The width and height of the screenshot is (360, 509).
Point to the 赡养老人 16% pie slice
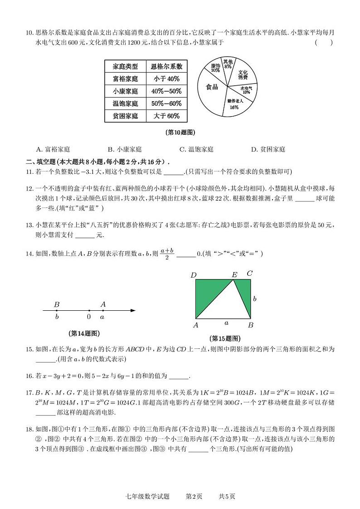point(234,104)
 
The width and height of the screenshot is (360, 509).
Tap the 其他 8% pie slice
point(228,64)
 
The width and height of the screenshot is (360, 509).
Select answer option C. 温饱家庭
point(196,149)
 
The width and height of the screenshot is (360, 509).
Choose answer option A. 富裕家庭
point(53,149)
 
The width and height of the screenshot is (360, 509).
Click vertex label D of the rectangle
point(194,274)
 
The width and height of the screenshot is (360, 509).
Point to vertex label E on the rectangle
point(234,274)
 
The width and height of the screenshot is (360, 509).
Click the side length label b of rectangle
point(255,299)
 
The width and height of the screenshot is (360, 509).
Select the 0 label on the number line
point(89,317)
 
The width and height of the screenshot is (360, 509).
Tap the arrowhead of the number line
point(133,311)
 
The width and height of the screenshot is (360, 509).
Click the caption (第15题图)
point(225,338)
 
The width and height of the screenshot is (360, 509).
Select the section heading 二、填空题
point(43,162)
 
